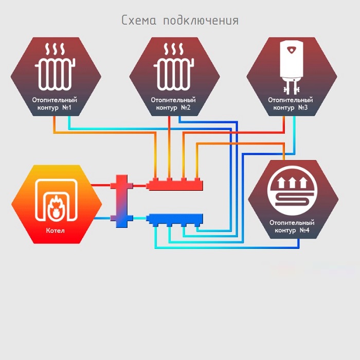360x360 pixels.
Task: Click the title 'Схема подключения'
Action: (180, 21)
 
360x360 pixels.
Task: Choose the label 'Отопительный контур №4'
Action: (292, 226)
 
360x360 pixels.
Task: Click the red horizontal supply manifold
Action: (175, 184)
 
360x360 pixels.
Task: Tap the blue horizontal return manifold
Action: (175, 219)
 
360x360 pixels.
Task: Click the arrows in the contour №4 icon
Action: (293, 182)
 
